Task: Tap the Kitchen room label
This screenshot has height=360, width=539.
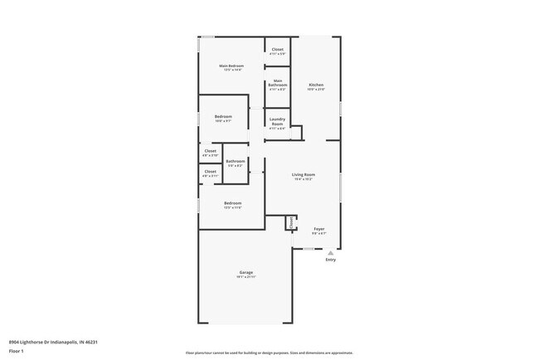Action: [316, 85]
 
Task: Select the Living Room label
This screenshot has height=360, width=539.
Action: [303, 174]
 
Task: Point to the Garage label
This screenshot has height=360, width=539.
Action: [246, 272]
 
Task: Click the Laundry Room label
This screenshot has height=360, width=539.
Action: [277, 121]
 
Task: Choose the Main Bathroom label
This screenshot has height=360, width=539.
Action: [277, 83]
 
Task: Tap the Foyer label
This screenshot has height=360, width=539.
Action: [318, 228]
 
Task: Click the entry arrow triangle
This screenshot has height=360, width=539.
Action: [331, 252]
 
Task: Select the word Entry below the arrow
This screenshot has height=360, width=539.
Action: [331, 260]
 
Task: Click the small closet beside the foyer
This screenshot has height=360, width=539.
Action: [291, 222]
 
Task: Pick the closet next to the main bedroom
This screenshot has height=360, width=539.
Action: [277, 50]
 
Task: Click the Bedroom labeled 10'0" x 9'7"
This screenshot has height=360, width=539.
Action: [223, 117]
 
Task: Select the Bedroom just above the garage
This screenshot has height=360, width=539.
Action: [232, 203]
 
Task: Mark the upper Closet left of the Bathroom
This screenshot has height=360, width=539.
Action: [210, 151]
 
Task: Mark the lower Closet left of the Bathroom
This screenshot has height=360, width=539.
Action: [210, 172]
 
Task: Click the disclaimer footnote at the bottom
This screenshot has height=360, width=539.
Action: [269, 353]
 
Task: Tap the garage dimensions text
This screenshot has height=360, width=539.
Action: [246, 278]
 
